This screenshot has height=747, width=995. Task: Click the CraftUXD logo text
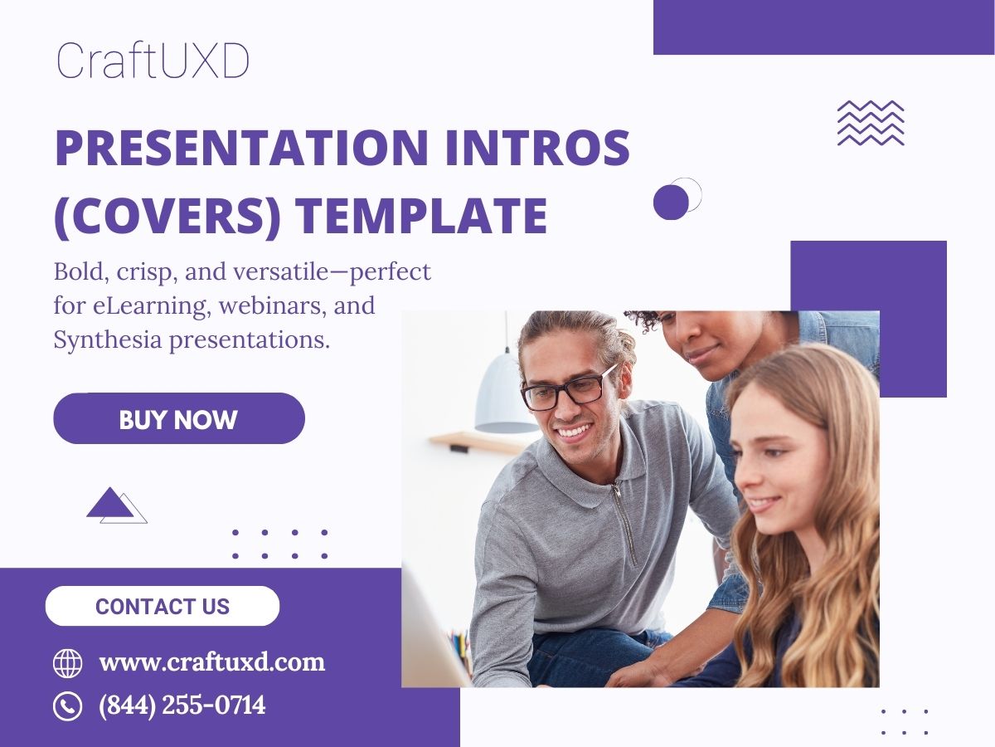point(153,61)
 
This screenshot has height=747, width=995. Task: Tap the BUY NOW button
point(178,419)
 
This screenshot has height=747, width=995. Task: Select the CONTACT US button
point(163,606)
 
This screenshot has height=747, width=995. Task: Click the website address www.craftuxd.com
point(212,662)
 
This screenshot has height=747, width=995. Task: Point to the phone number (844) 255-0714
point(182,705)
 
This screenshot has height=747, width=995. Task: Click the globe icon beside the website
point(67,663)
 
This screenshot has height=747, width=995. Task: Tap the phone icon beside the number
point(67,706)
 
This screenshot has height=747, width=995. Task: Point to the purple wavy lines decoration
point(870,123)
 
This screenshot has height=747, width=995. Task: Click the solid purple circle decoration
point(671,203)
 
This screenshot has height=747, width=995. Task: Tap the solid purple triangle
point(109,503)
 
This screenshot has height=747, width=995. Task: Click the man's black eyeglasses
point(573,389)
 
